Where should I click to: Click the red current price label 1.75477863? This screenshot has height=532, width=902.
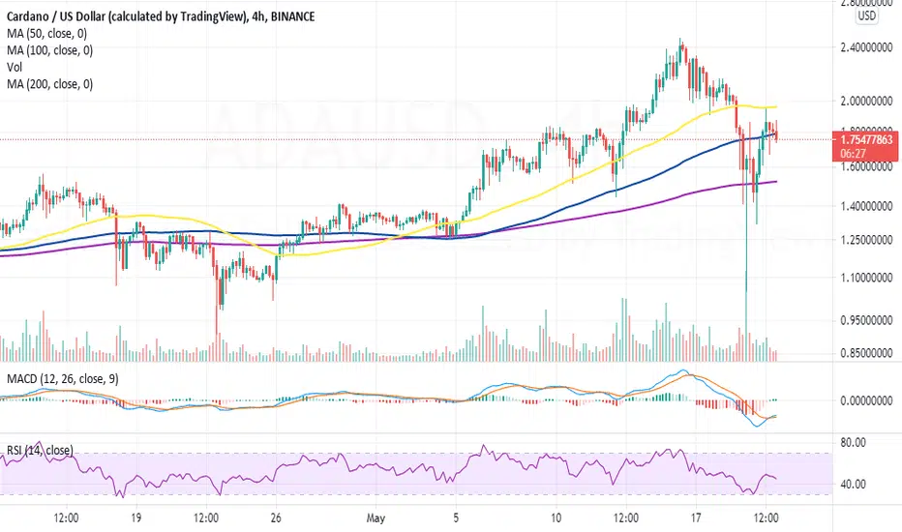pyautogui.click(x=866, y=139)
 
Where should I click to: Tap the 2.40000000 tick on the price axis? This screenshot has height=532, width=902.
pyautogui.click(x=866, y=47)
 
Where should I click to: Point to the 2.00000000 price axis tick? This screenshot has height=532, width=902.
pyautogui.click(x=866, y=101)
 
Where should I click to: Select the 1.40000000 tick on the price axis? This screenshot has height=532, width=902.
pyautogui.click(x=866, y=205)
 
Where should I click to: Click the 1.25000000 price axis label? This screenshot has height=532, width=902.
pyautogui.click(x=866, y=239)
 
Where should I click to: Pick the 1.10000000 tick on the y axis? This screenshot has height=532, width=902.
pyautogui.click(x=866, y=278)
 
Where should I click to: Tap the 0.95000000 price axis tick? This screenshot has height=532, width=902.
pyautogui.click(x=866, y=320)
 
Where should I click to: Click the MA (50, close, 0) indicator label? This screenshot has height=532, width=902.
pyautogui.click(x=47, y=33)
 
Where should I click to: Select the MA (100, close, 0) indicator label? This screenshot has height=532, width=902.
pyautogui.click(x=50, y=50)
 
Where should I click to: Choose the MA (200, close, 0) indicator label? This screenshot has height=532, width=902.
pyautogui.click(x=50, y=84)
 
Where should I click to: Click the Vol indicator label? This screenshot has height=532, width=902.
pyautogui.click(x=15, y=67)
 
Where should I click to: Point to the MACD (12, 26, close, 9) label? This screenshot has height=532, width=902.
pyautogui.click(x=63, y=378)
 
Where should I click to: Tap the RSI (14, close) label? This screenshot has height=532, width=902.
pyautogui.click(x=41, y=451)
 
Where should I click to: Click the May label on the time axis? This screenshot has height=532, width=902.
pyautogui.click(x=376, y=518)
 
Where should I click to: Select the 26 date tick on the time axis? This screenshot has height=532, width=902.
pyautogui.click(x=276, y=517)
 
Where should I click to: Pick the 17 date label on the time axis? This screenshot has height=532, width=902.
pyautogui.click(x=696, y=517)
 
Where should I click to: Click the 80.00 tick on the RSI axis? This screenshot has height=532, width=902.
pyautogui.click(x=853, y=442)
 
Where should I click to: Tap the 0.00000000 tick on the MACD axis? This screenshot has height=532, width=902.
pyautogui.click(x=866, y=400)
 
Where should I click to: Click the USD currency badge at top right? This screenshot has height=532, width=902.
pyautogui.click(x=867, y=15)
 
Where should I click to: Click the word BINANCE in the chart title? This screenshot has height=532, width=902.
pyautogui.click(x=292, y=16)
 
